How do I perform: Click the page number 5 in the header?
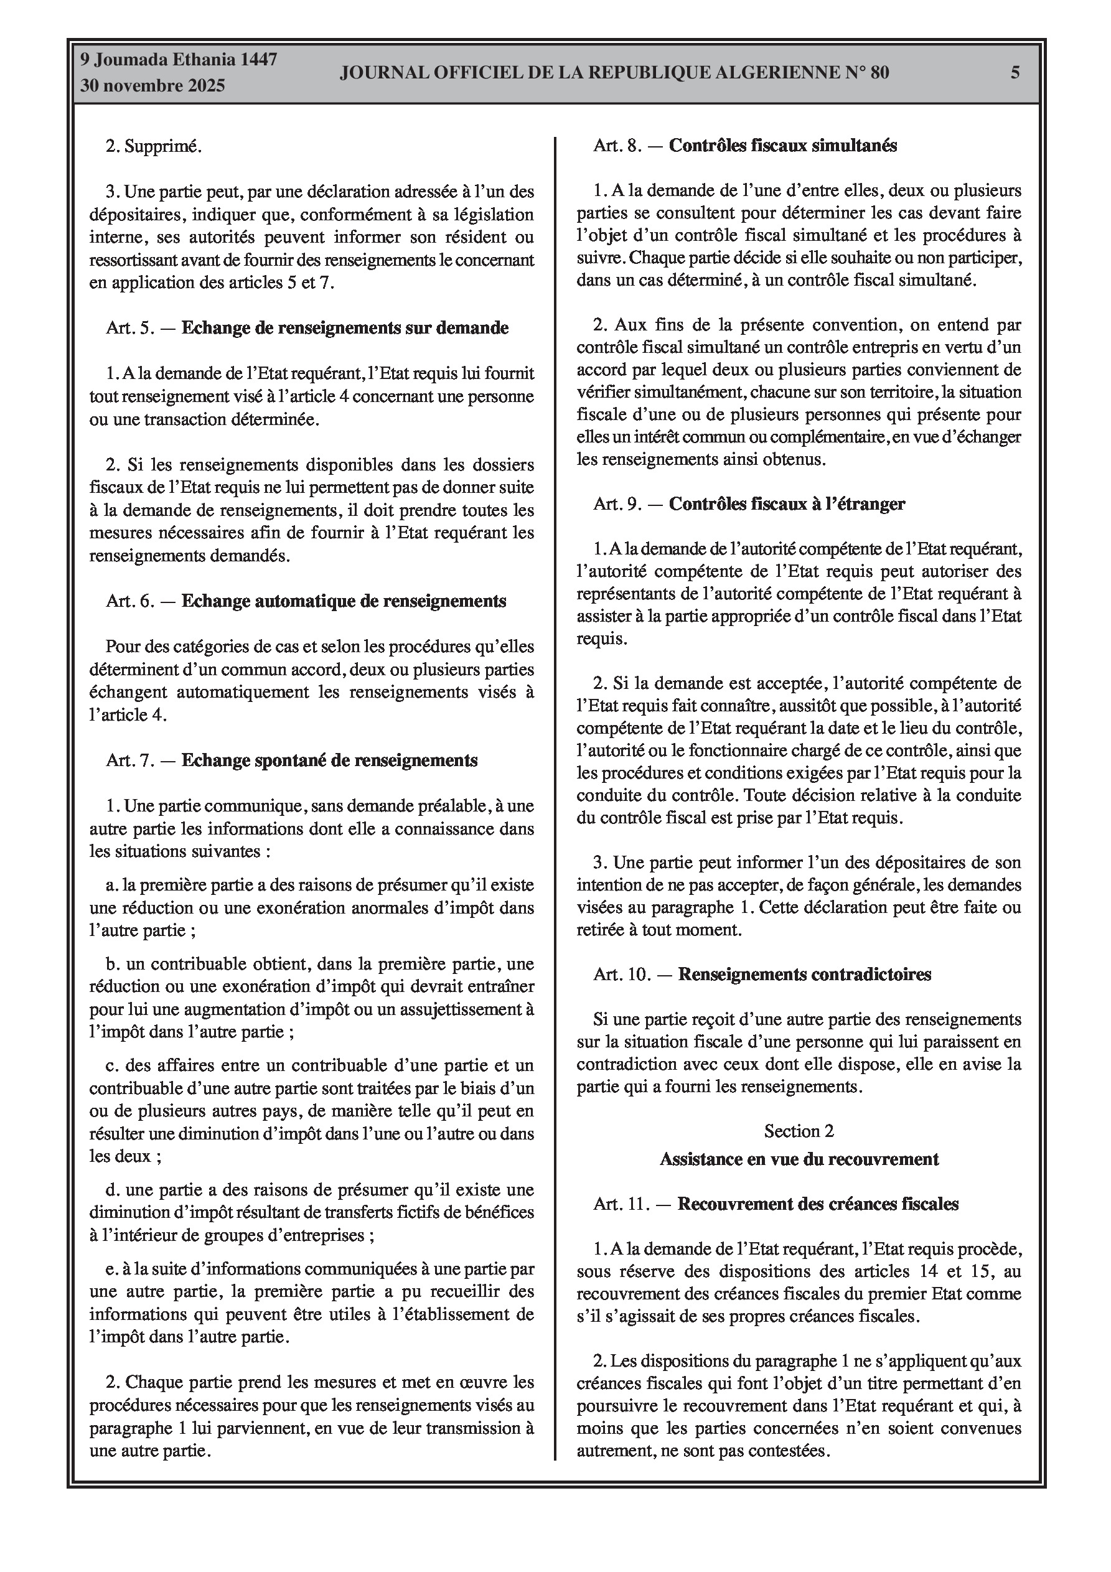[1015, 73]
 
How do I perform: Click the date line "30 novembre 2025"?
[152, 87]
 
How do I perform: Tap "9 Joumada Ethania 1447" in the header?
[179, 60]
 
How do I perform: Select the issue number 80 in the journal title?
[879, 73]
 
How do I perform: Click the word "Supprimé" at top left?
[162, 146]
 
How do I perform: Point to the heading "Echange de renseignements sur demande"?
[345, 328]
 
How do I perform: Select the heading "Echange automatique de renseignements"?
[343, 601]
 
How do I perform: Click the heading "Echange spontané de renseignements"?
[329, 760]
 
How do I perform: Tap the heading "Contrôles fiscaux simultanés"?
[782, 146]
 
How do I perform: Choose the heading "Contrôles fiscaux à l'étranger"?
[786, 504]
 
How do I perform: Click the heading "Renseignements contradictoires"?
[804, 975]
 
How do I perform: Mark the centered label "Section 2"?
[799, 1131]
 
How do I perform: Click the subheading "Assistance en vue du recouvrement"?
[799, 1159]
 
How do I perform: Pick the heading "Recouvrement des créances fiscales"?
[818, 1204]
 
